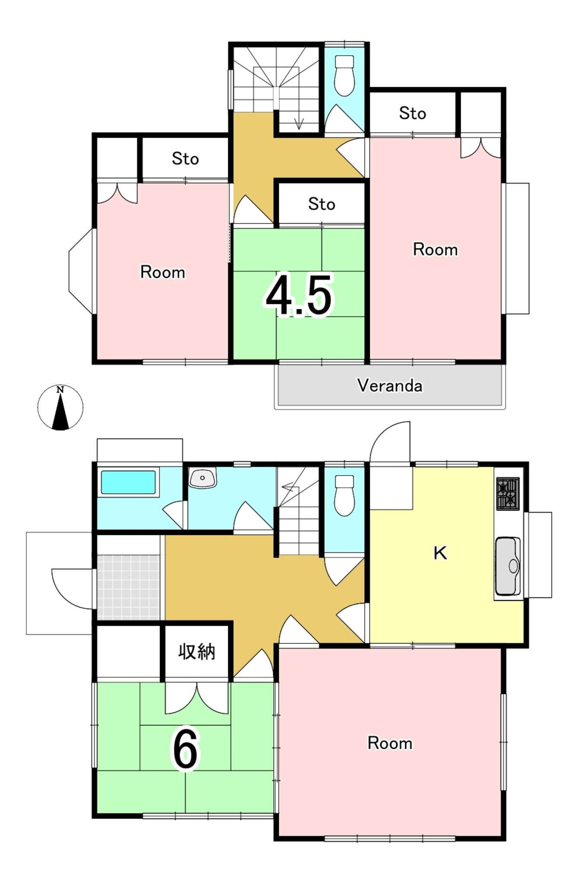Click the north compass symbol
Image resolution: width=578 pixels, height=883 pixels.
tap(60, 407)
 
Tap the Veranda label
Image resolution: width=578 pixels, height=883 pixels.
tap(390, 385)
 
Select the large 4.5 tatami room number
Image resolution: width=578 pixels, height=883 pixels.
tap(299, 295)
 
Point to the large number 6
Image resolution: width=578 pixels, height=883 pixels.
tap(185, 749)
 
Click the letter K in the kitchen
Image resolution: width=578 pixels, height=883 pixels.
tap(440, 553)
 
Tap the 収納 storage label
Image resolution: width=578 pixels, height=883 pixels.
tap(197, 651)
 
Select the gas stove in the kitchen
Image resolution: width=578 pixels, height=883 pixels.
tap(508, 494)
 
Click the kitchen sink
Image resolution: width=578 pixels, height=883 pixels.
tap(508, 566)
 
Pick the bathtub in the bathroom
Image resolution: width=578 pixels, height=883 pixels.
tap(128, 482)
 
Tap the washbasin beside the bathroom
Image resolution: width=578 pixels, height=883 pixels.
tap(202, 478)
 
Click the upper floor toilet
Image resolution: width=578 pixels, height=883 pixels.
tap(344, 75)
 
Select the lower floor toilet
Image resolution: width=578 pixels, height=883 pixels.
tap(344, 495)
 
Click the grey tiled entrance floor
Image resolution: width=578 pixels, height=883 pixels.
tap(128, 587)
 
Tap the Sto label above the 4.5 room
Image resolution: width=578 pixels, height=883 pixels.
tap(322, 204)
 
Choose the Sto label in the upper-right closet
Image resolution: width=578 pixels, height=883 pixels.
tap(412, 113)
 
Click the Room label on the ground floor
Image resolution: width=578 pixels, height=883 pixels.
tap(390, 743)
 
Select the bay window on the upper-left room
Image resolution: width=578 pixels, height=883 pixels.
tap(81, 271)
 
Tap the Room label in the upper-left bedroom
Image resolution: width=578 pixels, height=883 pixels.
tap(163, 272)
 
